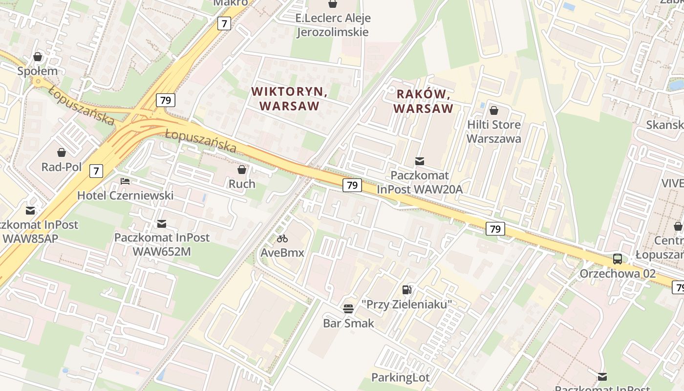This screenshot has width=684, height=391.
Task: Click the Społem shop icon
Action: point(38,57)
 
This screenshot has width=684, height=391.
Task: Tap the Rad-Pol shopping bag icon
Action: point(62,152)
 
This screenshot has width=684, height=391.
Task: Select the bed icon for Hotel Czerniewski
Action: point(125,181)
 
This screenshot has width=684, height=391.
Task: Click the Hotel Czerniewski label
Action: point(125,195)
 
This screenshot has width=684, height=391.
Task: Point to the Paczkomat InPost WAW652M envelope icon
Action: point(162,224)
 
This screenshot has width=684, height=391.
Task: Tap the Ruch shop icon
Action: point(242,170)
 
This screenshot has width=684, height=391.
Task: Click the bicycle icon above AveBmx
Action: point(282,239)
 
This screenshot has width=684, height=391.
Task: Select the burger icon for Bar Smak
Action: point(348,308)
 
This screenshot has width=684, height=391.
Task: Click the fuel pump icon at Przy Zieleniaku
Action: point(406,290)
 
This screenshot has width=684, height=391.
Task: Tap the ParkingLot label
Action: point(400,377)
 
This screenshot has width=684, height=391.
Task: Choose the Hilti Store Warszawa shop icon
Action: point(493,110)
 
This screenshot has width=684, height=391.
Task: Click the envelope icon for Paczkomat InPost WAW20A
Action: point(419,161)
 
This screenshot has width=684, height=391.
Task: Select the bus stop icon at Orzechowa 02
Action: point(618,259)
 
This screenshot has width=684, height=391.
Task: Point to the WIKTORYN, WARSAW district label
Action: point(289,98)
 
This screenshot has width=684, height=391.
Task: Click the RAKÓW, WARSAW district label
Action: point(423,101)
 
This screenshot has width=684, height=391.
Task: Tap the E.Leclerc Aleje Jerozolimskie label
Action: point(333,25)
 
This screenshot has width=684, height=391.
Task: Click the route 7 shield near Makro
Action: point(224,23)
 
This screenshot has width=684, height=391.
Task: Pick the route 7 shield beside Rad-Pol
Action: point(96,171)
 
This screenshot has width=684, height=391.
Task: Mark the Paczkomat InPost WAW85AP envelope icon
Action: point(30,211)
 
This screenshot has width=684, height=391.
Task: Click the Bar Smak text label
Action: point(348,323)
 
